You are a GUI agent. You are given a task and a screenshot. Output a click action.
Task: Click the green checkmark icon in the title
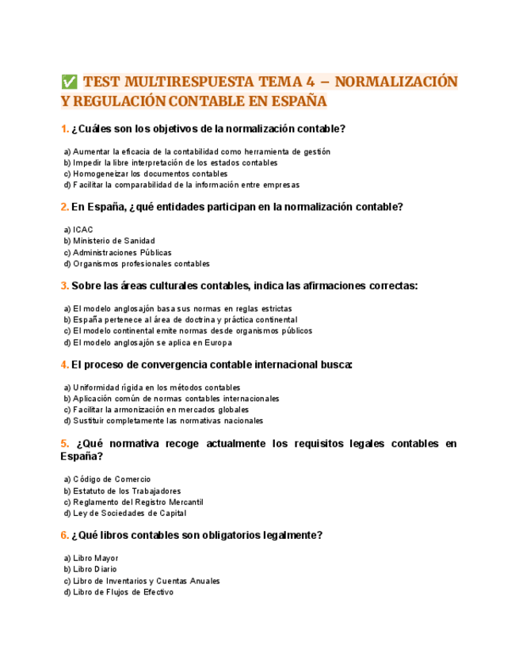[68, 82]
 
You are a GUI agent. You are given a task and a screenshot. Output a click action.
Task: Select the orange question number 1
[64, 129]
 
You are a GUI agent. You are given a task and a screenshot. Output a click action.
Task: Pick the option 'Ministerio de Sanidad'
[109, 241]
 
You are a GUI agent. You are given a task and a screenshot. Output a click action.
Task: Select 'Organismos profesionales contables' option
[136, 264]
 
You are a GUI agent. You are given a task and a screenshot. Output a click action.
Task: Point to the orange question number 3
[64, 285]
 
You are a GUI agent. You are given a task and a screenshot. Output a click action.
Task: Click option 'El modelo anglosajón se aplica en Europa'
[147, 342]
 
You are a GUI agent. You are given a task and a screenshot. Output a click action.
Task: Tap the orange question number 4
[64, 365]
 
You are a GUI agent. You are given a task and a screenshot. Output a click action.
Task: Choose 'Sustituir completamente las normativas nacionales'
[162, 421]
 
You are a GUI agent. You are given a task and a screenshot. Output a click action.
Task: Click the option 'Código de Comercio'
[107, 479]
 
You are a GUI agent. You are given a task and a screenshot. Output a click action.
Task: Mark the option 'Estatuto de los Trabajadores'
[122, 491]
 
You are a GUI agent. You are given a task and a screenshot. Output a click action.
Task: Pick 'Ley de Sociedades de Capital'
[119, 514]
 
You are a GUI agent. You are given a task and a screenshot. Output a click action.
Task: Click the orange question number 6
[64, 535]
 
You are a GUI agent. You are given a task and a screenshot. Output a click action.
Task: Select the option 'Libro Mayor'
[90, 558]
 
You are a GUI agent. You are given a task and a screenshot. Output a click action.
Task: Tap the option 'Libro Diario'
[90, 569]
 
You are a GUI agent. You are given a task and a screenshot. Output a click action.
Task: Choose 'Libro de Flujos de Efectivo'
[118, 592]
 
